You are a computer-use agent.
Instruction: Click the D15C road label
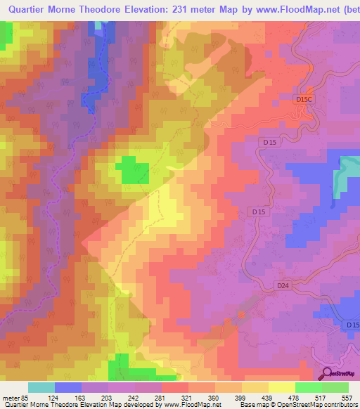point(304,100)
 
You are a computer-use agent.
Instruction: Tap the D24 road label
point(283,285)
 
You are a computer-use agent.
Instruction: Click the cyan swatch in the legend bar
point(41,387)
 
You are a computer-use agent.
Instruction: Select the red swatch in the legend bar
point(175,387)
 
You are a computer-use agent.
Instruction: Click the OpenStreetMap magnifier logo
point(327,374)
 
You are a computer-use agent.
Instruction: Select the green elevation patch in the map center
point(131,170)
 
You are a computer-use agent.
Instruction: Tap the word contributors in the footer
point(339,405)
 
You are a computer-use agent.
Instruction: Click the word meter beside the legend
point(12,397)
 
